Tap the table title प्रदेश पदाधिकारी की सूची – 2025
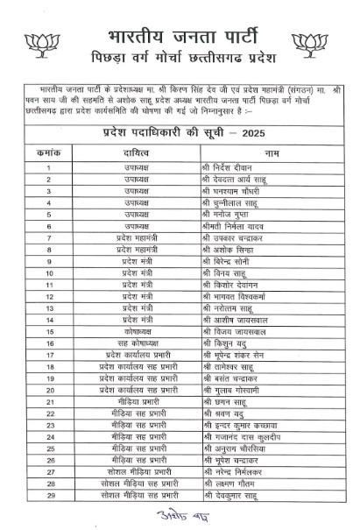180,131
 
